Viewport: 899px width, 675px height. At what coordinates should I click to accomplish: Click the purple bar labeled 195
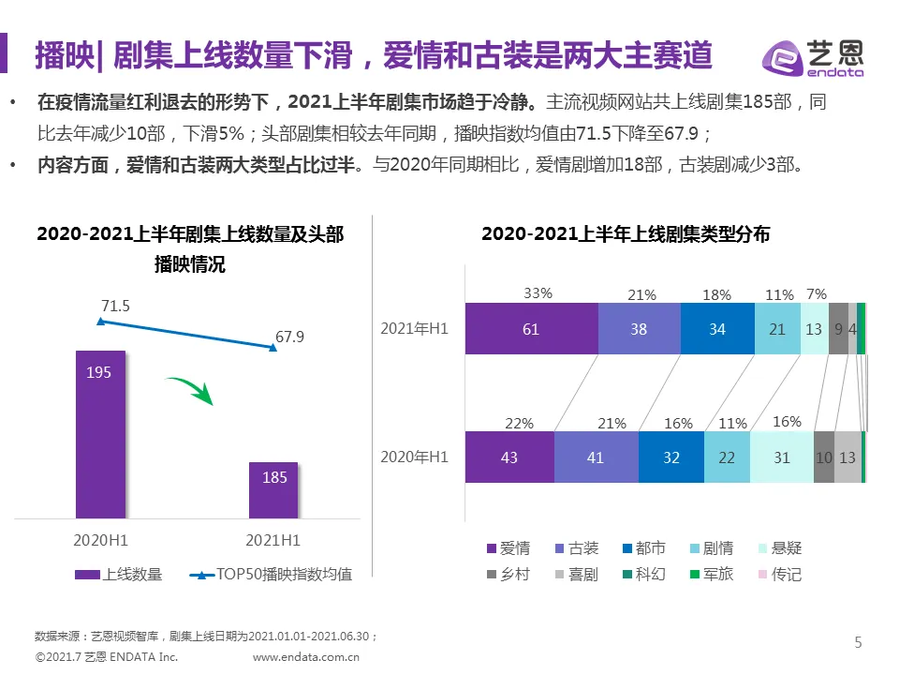tap(99, 433)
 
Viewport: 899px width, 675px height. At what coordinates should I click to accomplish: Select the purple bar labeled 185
tap(273, 489)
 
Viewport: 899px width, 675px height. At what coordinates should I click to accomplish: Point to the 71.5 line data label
tap(115, 306)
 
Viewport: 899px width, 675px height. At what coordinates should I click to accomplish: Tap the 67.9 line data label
tap(289, 337)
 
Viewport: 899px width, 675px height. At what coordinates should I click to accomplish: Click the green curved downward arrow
tap(191, 390)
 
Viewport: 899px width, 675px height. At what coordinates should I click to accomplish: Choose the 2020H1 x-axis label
tap(100, 540)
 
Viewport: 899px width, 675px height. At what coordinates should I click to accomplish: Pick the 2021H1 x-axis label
tap(273, 540)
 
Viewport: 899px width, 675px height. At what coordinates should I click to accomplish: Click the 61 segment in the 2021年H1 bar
tap(531, 329)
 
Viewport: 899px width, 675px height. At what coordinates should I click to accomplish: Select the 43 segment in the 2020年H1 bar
tap(509, 457)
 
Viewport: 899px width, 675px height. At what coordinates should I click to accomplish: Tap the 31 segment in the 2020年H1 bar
tap(782, 457)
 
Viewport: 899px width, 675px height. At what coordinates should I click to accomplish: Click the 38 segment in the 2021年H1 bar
tap(639, 329)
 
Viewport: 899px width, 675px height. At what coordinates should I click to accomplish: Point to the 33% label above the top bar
tap(538, 292)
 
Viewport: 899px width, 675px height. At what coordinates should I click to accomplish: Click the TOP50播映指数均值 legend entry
tap(271, 574)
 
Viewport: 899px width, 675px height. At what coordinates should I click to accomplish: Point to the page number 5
tap(858, 642)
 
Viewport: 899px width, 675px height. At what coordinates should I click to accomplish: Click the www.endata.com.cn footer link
tap(306, 657)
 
